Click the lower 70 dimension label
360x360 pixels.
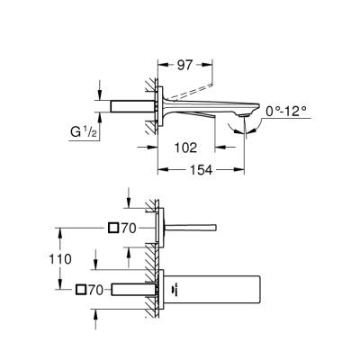[x=100, y=289]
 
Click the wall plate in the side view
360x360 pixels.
[x=162, y=106]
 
